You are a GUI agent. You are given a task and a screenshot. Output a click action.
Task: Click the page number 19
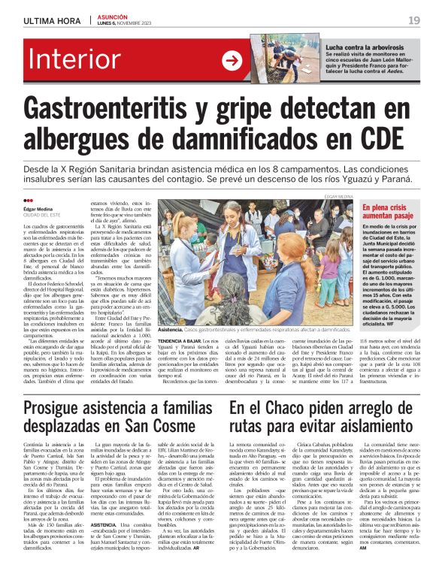click(x=413, y=20)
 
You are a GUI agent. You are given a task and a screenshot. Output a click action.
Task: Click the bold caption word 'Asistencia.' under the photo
click(x=171, y=330)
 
